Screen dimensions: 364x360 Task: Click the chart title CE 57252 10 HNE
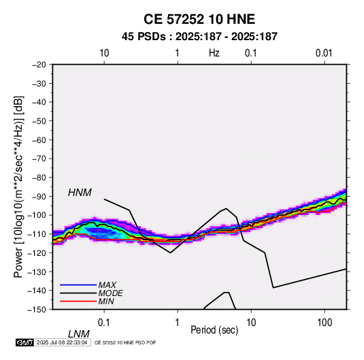199,19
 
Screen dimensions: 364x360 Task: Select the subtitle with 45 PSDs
199,37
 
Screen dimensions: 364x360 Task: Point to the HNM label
80,193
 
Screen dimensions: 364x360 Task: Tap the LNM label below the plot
78,334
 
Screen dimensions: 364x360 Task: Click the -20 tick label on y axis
39,65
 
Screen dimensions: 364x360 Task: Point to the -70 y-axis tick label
39,159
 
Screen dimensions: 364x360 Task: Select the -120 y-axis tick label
37,253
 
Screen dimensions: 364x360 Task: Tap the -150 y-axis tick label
37,310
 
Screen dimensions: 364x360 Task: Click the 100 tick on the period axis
325,323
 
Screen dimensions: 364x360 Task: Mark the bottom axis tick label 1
178,323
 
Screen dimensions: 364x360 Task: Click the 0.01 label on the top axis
324,53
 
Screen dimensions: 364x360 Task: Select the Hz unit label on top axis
214,53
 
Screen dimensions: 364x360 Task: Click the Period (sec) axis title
214,330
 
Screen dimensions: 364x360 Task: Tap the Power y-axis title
19,187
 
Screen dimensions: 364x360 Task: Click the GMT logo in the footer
25,342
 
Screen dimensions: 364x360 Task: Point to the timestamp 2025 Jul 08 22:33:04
62,342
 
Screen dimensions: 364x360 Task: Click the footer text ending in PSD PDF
125,342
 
